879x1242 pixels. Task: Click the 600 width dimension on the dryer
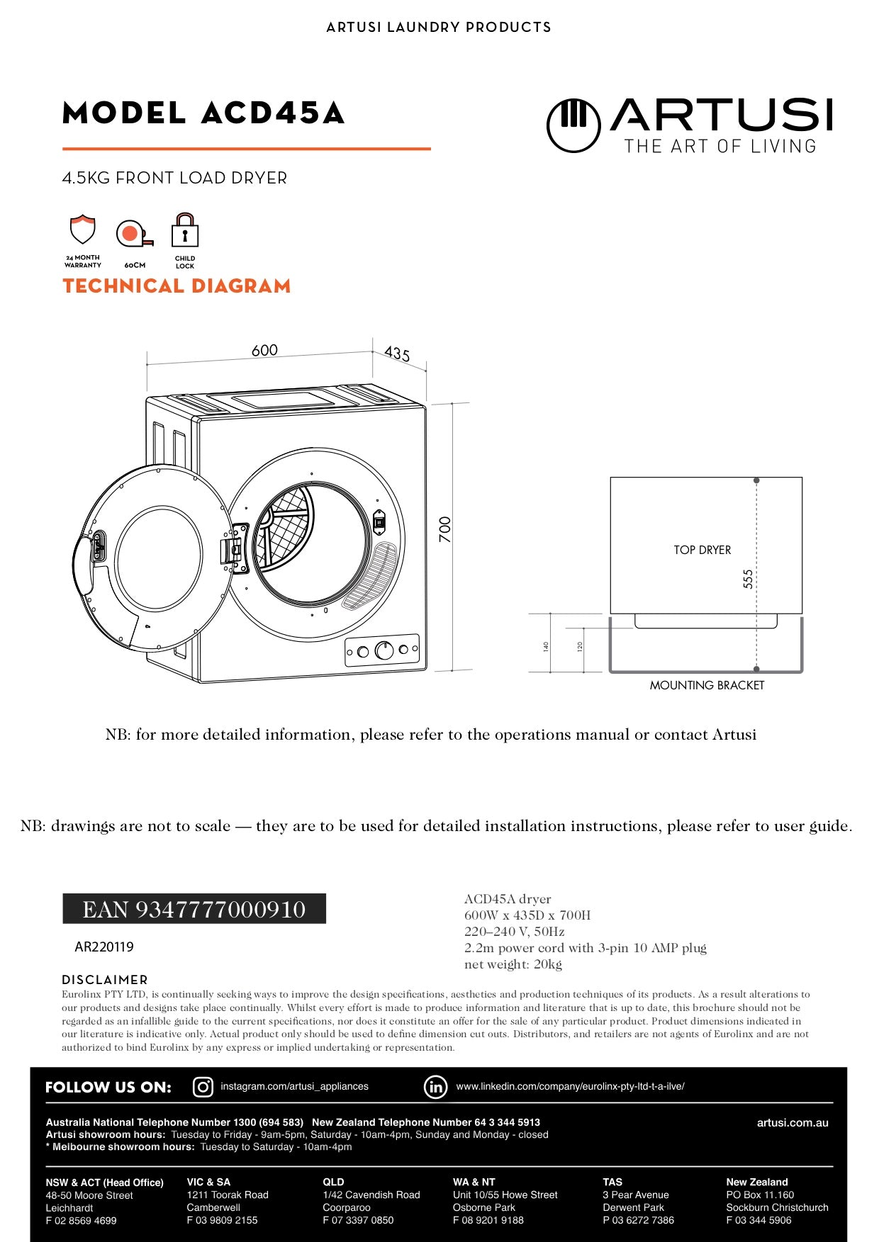click(264, 350)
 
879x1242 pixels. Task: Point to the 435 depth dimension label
click(397, 354)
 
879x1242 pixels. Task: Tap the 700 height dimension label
click(444, 529)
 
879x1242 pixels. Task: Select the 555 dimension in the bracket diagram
click(748, 579)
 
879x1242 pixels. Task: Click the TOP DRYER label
click(702, 550)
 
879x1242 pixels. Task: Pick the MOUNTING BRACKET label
click(707, 685)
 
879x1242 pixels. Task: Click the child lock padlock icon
click(185, 230)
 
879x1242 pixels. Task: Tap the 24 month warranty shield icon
click(83, 230)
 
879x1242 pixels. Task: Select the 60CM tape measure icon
click(134, 233)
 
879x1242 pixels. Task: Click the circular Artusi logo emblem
click(573, 125)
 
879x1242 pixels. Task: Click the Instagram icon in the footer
click(203, 1087)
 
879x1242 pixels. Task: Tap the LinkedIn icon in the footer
click(435, 1087)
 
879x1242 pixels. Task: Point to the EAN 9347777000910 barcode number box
click(194, 909)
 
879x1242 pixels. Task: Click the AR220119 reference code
click(104, 947)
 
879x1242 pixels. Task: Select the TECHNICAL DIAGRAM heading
click(177, 286)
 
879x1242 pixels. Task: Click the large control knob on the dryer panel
click(384, 650)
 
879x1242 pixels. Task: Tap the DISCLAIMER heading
click(105, 980)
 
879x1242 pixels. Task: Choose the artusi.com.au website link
click(793, 1122)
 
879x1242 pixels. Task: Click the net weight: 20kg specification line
click(513, 964)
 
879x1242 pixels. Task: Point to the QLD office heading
click(333, 1182)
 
